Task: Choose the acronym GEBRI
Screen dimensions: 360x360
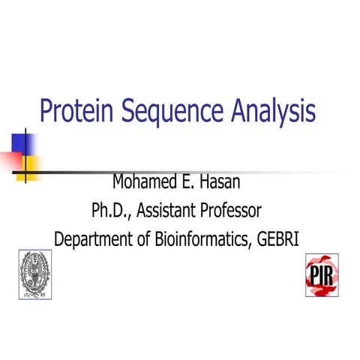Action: (280, 238)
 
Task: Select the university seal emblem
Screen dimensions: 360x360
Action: (35, 274)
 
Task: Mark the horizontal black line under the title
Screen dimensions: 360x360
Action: (187, 172)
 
